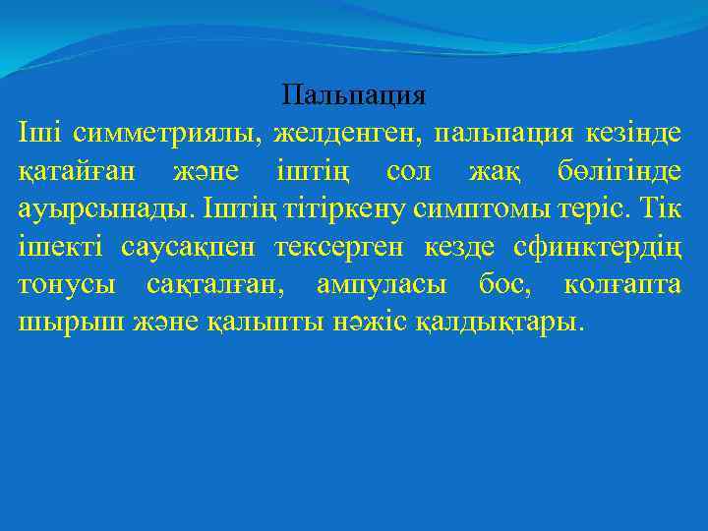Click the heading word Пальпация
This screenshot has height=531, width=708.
tap(353, 95)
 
